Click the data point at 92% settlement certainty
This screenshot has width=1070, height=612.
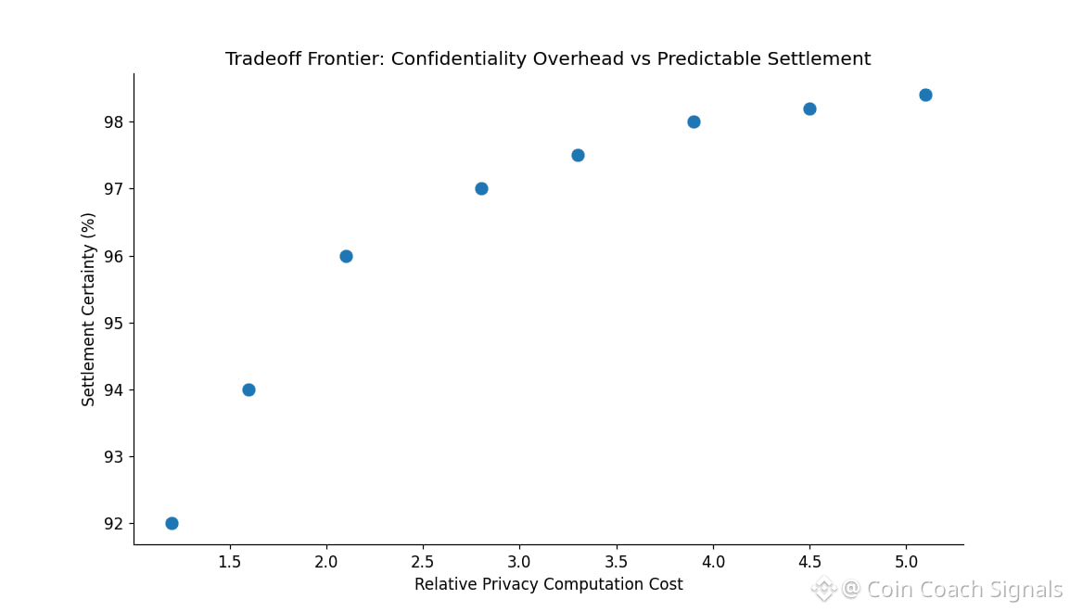pyautogui.click(x=172, y=523)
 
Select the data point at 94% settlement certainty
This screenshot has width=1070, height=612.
pyautogui.click(x=248, y=389)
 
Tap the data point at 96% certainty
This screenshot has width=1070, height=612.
pyautogui.click(x=346, y=256)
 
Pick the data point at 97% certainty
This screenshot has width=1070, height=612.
pyautogui.click(x=481, y=188)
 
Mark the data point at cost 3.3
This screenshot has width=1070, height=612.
pyautogui.click(x=578, y=155)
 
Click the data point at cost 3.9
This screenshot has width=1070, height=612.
pyautogui.click(x=694, y=121)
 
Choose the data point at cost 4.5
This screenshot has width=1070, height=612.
pyautogui.click(x=809, y=108)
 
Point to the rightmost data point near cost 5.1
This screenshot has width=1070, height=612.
pyautogui.click(x=925, y=95)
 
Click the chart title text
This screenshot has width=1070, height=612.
pyautogui.click(x=548, y=59)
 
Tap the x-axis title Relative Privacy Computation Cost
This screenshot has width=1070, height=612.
pyautogui.click(x=548, y=584)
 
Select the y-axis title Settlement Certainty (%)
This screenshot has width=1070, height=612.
pyautogui.click(x=89, y=309)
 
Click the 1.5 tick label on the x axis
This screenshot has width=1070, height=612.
pyautogui.click(x=229, y=561)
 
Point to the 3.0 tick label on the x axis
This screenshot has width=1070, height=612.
pyautogui.click(x=519, y=561)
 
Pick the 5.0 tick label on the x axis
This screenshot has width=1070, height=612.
pyautogui.click(x=906, y=561)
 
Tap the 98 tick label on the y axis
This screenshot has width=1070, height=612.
pyautogui.click(x=113, y=122)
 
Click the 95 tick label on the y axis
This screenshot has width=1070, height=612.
pyautogui.click(x=113, y=323)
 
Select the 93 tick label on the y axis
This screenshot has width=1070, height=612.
pyautogui.click(x=113, y=456)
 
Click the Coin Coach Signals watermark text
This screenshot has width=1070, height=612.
pyautogui.click(x=963, y=590)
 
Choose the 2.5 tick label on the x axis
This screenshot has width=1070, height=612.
pyautogui.click(x=423, y=561)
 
